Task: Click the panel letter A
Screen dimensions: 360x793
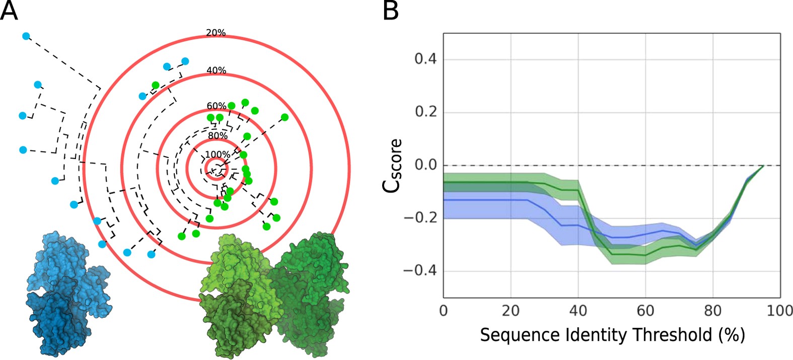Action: (x=9, y=11)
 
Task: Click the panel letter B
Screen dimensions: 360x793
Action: (x=391, y=11)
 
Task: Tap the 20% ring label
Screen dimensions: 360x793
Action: (x=215, y=33)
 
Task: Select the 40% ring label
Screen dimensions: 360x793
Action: (x=217, y=70)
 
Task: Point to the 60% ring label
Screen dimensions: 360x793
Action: (x=217, y=106)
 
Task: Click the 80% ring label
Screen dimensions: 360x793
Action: (x=218, y=135)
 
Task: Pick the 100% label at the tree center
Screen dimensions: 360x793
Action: (x=218, y=155)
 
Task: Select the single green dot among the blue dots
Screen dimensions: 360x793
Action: (x=156, y=85)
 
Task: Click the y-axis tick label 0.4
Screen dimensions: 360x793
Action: (x=425, y=59)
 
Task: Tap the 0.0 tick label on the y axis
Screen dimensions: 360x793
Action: (x=425, y=165)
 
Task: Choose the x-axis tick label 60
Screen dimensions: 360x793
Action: (x=645, y=310)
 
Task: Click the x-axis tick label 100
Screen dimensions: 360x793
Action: (x=779, y=310)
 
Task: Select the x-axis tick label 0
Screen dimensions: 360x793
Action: (x=444, y=310)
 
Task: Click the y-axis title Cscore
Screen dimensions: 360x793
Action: (x=392, y=165)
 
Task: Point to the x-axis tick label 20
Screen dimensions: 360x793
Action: (x=511, y=310)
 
